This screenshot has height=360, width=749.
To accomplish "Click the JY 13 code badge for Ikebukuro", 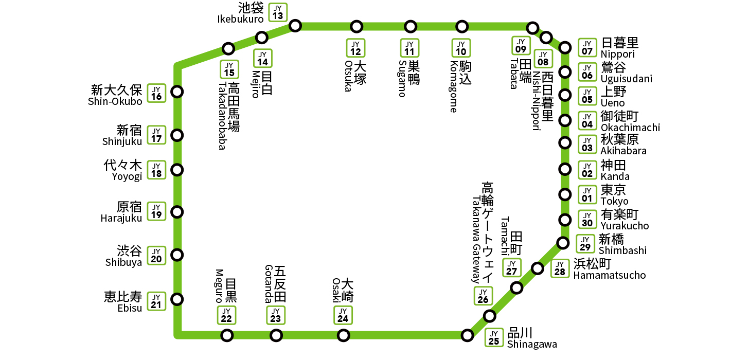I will click(278, 12).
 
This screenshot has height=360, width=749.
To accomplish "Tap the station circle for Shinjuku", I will click(177, 135).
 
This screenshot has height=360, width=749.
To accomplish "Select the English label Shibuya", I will click(123, 262).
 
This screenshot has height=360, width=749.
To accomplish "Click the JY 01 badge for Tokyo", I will click(587, 194).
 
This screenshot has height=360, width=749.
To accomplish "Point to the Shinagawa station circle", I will click(467, 335).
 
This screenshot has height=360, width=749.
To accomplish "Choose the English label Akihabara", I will click(623, 151).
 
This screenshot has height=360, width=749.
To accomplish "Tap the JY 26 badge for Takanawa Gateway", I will click(483, 296).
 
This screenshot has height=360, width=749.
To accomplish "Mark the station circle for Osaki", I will click(343, 335).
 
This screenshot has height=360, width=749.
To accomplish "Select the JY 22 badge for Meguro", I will click(226, 315).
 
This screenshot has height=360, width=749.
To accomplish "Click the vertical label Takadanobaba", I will click(222, 116).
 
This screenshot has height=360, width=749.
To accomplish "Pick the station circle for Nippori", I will click(565, 48).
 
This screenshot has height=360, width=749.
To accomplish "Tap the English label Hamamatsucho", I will click(609, 275).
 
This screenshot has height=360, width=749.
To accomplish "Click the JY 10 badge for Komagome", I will click(461, 48).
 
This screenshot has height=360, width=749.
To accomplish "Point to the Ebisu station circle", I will click(177, 298).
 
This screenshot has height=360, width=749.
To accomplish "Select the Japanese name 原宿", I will click(129, 207).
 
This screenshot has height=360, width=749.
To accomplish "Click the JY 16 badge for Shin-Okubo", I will click(156, 93).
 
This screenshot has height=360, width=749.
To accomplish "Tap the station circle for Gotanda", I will click(276, 335).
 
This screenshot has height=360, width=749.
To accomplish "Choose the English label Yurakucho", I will click(625, 226).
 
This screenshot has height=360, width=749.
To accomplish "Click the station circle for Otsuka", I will click(356, 26).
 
